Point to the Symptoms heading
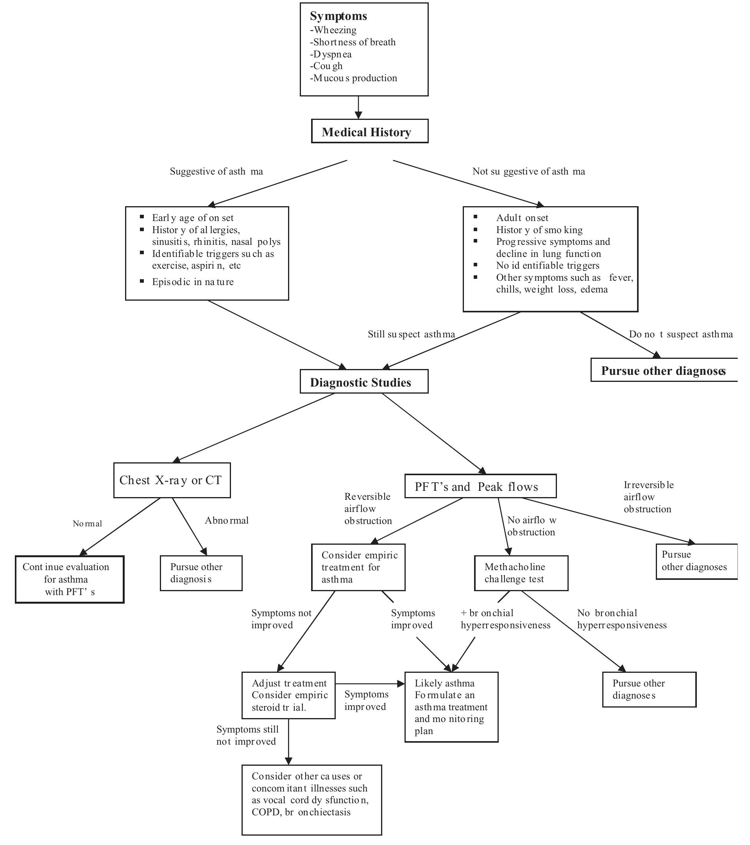(x=338, y=16)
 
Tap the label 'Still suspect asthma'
(x=411, y=334)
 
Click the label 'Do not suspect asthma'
(x=681, y=334)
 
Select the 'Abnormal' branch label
(x=227, y=520)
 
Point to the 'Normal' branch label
(x=87, y=523)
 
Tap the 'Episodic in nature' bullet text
(x=193, y=282)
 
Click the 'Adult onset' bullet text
(x=522, y=217)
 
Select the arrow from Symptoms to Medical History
(x=358, y=107)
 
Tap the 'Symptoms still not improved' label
(x=247, y=735)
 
